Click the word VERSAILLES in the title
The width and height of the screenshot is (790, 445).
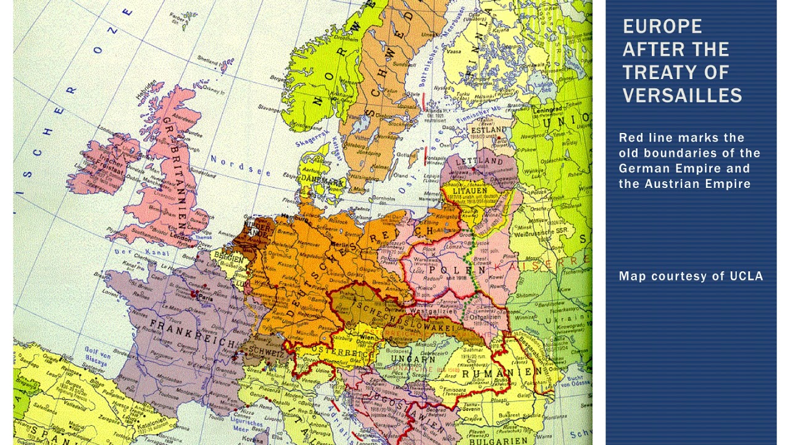[682, 95]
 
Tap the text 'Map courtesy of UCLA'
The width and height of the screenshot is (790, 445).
[691, 276]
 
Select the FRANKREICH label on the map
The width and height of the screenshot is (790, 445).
[183, 334]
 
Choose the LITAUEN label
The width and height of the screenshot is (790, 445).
[470, 191]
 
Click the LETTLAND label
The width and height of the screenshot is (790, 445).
[480, 161]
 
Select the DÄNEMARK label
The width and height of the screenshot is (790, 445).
[321, 182]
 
